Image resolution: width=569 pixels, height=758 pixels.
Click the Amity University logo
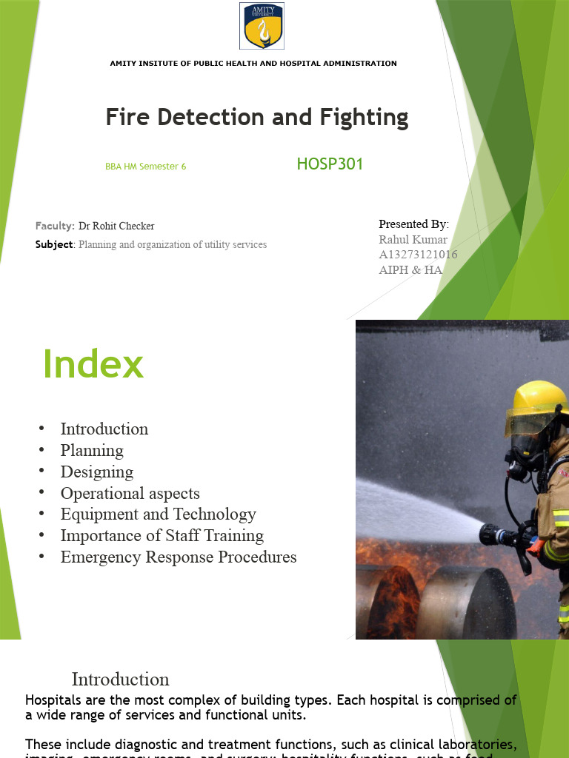click(262, 25)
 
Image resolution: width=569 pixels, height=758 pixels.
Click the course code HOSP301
click(330, 164)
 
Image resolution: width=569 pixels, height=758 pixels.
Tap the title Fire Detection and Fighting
click(256, 117)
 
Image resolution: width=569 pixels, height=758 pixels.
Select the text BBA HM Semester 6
click(145, 167)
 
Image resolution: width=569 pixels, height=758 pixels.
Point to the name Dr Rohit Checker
click(116, 226)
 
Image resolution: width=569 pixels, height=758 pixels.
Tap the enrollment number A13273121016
click(418, 255)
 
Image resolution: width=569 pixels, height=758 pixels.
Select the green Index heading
click(93, 364)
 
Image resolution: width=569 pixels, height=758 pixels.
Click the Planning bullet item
click(92, 450)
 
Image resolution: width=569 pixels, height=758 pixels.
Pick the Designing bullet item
click(97, 472)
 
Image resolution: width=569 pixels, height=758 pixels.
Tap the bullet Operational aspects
click(130, 493)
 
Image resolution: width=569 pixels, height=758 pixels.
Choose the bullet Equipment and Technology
click(159, 514)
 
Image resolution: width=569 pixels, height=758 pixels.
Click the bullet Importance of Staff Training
click(162, 535)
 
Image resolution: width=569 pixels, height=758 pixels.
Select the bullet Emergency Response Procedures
click(179, 557)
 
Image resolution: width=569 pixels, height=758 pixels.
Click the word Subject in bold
click(54, 244)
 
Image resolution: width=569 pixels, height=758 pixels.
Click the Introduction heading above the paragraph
click(120, 679)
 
